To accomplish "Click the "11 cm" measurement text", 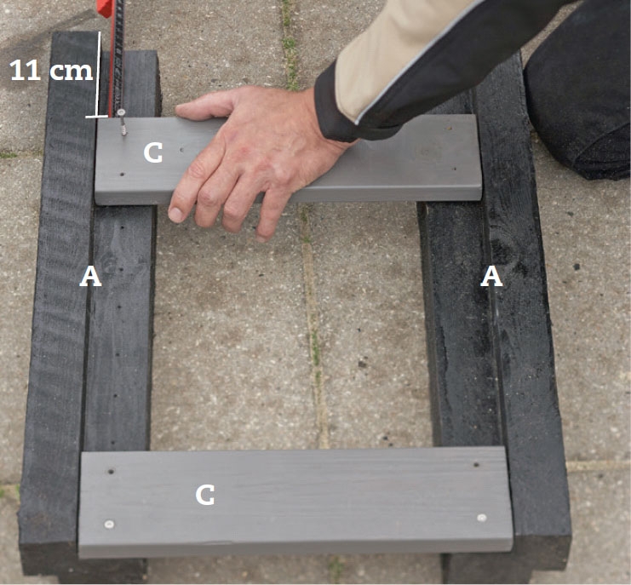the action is [51, 70].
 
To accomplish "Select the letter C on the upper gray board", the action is [153, 153].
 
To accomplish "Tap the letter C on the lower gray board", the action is [205, 495].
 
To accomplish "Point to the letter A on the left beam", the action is [90, 277].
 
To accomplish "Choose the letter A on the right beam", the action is [491, 277].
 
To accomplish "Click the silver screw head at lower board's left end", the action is [109, 525].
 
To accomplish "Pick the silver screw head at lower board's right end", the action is [482, 518].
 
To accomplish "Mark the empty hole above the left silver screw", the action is [111, 471].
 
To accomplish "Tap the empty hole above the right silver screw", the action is [476, 465].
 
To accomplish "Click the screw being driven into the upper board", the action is [122, 122].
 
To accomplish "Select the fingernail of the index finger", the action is [176, 215].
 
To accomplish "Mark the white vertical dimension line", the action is [99, 74].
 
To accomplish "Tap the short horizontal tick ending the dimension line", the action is [96, 117].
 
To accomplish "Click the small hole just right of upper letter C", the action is [182, 150].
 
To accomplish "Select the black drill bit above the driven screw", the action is [118, 54].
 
